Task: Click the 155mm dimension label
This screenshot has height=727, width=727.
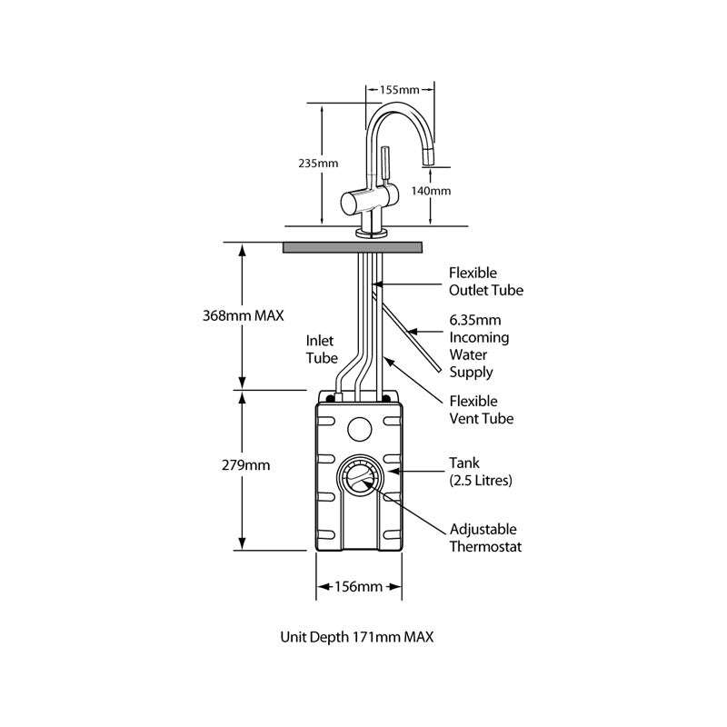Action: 400,90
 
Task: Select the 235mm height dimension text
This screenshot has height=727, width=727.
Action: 318,164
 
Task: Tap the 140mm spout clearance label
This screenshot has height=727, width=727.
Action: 432,191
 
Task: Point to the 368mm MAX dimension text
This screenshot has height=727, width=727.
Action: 243,316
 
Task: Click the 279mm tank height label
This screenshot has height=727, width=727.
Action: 245,465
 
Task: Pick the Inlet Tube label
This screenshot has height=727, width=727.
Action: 321,350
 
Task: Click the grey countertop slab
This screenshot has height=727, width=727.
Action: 354,246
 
